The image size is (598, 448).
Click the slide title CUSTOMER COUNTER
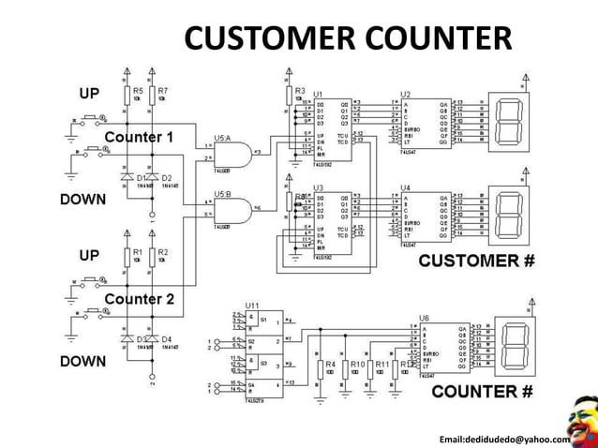click(x=348, y=38)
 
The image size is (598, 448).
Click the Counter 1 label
click(x=139, y=137)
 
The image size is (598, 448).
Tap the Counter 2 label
click(x=139, y=299)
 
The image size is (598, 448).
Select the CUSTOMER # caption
click(x=475, y=261)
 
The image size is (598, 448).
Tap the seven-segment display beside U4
click(x=508, y=215)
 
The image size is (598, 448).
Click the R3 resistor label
click(x=300, y=90)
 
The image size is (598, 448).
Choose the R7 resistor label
click(x=163, y=91)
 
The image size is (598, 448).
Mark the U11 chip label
click(x=252, y=306)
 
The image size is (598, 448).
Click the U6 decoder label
click(x=425, y=318)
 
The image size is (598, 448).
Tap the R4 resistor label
click(x=330, y=364)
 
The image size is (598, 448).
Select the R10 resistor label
click(x=357, y=364)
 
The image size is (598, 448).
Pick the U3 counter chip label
click(x=319, y=187)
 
